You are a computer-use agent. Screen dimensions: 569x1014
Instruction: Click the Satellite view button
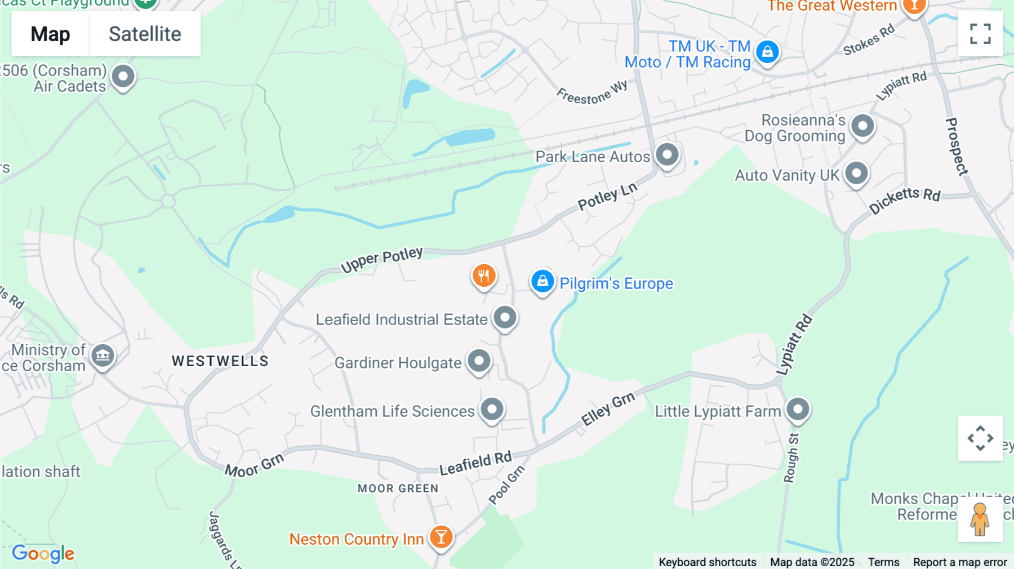coord(145,34)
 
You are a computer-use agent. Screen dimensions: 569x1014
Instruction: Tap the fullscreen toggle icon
coord(980,34)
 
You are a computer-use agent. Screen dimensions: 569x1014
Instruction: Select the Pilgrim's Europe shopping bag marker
coord(542,281)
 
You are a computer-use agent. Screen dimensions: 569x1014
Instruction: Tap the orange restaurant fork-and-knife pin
coord(483,276)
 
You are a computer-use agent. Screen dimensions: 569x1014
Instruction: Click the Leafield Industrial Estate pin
coord(505,318)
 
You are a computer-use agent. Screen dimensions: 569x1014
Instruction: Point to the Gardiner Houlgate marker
coord(479,361)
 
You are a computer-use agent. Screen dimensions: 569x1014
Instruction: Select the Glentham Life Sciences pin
coord(492,410)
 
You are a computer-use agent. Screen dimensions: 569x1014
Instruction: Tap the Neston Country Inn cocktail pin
coord(441,537)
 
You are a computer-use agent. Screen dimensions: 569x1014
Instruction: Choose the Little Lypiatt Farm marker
coord(798,410)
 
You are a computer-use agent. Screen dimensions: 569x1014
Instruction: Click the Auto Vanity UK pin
coord(856,174)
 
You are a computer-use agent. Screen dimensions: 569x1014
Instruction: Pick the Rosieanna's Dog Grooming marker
coord(862,126)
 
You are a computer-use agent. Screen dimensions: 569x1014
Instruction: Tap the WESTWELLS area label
coord(220,361)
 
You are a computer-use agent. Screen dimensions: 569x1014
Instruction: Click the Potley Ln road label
coord(608,196)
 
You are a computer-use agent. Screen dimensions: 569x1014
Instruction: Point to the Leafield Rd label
coord(475,463)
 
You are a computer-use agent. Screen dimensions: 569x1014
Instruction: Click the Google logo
coord(43,553)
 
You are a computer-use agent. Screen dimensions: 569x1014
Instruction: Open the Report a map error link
coord(960,562)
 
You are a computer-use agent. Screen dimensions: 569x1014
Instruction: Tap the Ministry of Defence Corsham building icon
coord(103,356)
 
